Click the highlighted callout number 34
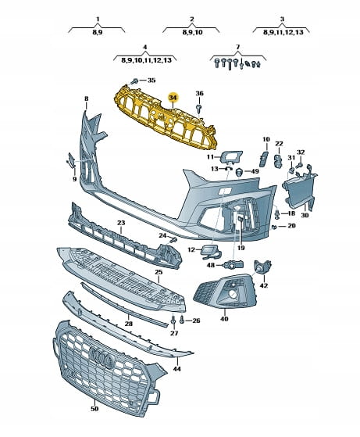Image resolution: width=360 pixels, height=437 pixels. coord(173,98)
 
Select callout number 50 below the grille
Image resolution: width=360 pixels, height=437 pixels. coord(94,409)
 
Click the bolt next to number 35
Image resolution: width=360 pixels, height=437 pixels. coord(134,81)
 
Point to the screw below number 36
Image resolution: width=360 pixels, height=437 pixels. coord(199,108)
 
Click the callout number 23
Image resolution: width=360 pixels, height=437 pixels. coord(121,223)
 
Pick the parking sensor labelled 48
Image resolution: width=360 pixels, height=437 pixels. coord(233,264)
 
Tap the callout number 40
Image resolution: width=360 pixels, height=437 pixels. coord(224,318)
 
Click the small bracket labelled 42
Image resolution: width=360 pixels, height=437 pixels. coord(262,267)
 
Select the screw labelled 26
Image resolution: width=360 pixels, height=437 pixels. coord(182,320)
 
